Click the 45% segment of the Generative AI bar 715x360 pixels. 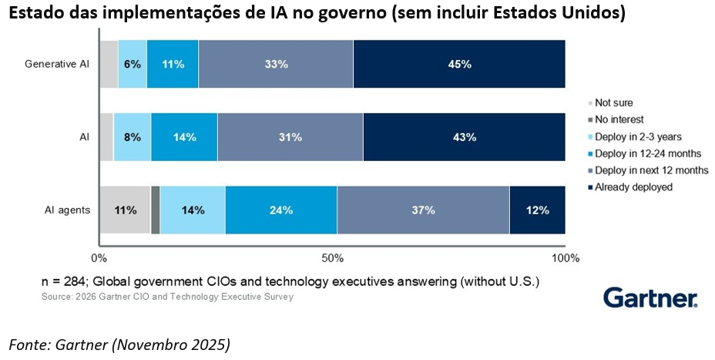click(x=459, y=64)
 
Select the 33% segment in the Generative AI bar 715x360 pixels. click(x=276, y=64)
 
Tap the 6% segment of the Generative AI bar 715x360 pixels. click(x=133, y=64)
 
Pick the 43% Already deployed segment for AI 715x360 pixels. click(x=464, y=137)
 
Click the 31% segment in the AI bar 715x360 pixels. click(x=290, y=137)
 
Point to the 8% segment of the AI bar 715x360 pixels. click(x=133, y=137)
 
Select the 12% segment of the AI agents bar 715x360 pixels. click(x=537, y=210)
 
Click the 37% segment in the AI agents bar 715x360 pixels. click(x=423, y=210)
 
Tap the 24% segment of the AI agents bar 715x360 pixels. click(x=281, y=210)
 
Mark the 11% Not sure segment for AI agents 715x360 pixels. click(x=125, y=210)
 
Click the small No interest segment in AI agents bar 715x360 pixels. click(x=155, y=210)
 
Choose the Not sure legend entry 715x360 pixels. click(x=613, y=103)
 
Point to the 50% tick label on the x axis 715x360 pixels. click(x=332, y=257)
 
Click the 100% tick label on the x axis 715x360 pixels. click(x=565, y=257)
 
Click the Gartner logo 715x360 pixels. click(x=650, y=298)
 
